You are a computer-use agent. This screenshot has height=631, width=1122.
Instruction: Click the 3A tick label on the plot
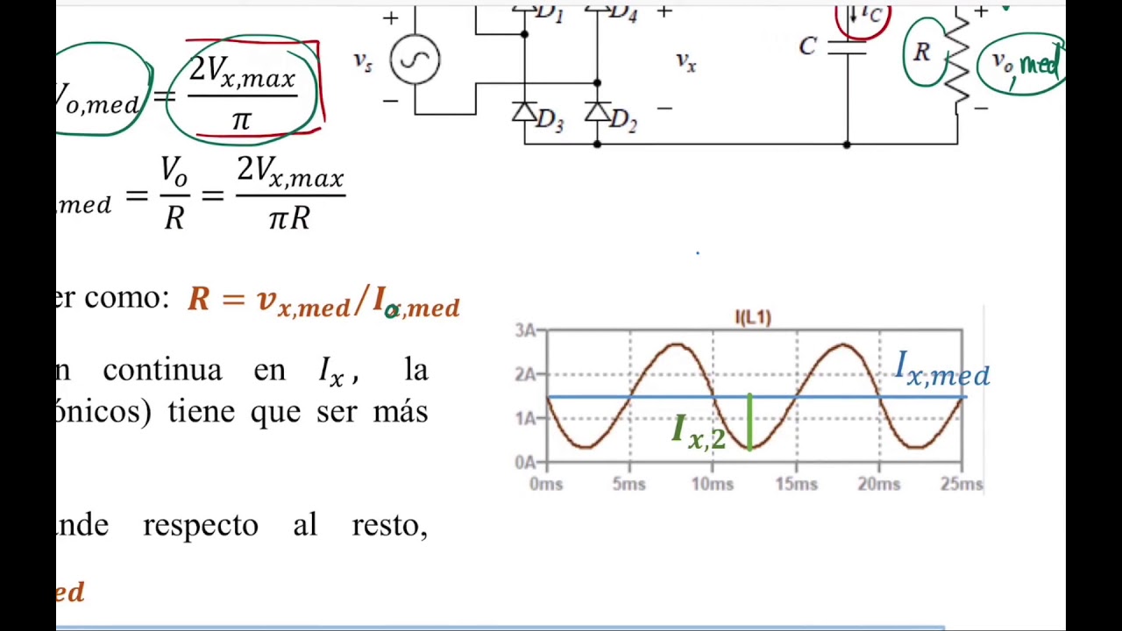[x=526, y=330]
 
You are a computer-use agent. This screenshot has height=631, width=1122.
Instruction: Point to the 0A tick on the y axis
[x=526, y=462]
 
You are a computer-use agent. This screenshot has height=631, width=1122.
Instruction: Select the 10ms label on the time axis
[x=712, y=484]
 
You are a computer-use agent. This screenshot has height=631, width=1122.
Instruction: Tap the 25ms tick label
[x=962, y=484]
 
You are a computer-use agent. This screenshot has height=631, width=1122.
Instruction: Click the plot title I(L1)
[x=753, y=317]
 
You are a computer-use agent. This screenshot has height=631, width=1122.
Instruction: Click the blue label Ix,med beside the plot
[x=941, y=371]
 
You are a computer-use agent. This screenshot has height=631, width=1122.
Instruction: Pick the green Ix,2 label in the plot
[x=699, y=432]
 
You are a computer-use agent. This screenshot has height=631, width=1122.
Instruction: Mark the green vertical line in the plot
[x=749, y=422]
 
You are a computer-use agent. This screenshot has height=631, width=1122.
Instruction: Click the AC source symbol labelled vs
[x=415, y=60]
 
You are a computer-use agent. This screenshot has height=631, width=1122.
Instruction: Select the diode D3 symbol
[x=524, y=112]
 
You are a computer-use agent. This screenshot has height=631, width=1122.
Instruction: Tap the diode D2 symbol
[x=597, y=112]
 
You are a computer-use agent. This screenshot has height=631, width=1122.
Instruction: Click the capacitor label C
[x=807, y=46]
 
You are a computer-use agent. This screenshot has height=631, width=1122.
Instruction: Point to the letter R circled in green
[x=921, y=53]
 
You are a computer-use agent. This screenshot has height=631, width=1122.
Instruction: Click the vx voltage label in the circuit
[x=685, y=61]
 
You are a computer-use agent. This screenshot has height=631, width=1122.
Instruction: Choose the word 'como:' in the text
[x=126, y=298]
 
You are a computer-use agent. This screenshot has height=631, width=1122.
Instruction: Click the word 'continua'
[x=162, y=370]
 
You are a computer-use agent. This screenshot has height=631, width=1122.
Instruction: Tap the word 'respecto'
[x=200, y=525]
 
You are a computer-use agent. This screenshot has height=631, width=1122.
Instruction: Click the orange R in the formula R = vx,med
[x=199, y=299]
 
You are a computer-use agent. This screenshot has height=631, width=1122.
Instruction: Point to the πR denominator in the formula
[x=289, y=217]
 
